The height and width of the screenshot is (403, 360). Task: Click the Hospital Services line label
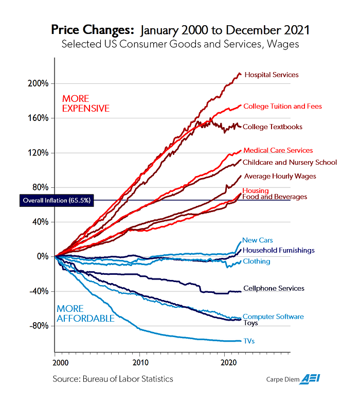(x=271, y=75)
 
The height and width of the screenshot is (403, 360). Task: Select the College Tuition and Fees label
(x=282, y=107)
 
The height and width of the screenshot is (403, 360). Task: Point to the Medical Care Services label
(x=278, y=150)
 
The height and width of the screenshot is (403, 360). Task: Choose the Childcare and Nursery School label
(x=290, y=162)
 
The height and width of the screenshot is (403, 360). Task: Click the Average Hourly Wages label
(x=279, y=176)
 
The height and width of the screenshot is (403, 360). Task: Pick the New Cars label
(x=257, y=240)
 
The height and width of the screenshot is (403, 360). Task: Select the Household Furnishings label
(x=278, y=250)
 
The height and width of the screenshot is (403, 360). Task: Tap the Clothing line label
(x=256, y=261)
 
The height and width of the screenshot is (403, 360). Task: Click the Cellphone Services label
(x=273, y=289)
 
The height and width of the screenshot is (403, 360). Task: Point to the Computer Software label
(x=273, y=317)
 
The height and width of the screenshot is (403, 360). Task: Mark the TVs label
(x=249, y=341)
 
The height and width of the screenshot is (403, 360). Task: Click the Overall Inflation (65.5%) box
(x=56, y=201)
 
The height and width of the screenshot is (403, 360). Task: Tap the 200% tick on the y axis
(x=39, y=83)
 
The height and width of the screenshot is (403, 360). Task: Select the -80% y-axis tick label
(x=39, y=326)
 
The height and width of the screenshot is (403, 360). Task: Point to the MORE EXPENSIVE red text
(x=85, y=103)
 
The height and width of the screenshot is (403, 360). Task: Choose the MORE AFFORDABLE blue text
(x=85, y=313)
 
